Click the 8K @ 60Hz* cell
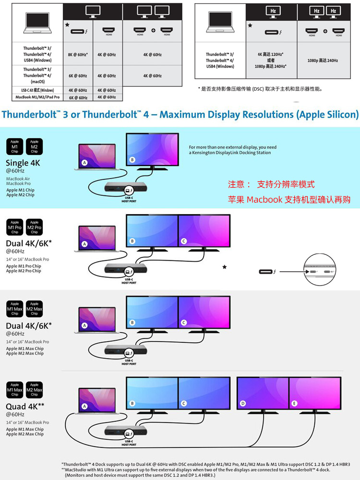pos(78,55)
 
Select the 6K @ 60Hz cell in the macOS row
pos(78,76)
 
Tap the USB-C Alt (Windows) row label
pos(38,90)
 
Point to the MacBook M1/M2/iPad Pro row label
pos(37,97)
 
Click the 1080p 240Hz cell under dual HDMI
pos(323,60)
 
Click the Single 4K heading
pos(23,163)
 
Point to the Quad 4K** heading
pos(25,407)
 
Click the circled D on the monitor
pos(243,404)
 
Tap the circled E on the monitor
pos(294,404)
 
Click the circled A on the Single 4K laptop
pos(85,162)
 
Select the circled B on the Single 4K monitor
pos(132,159)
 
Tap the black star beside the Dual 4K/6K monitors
pos(224,266)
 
